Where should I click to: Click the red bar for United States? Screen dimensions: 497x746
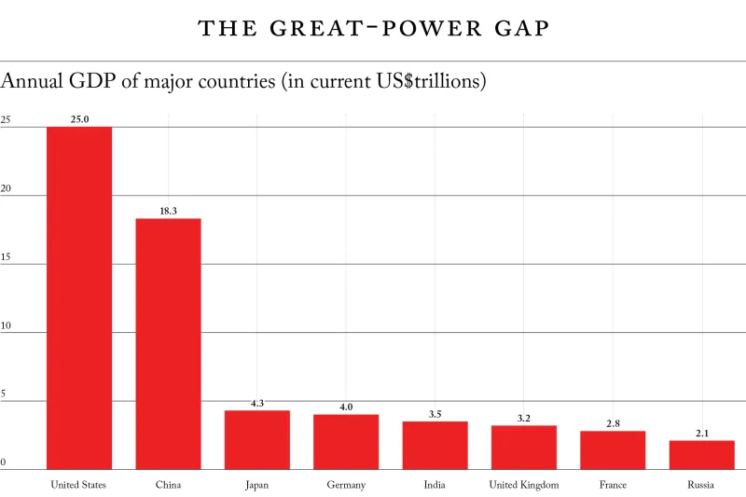pos(79,298)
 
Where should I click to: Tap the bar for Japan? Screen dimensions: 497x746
pos(257,439)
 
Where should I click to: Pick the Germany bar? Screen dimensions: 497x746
pos(346,441)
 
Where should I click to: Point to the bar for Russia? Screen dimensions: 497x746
pos(702,454)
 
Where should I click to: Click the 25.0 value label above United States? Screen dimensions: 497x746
pos(79,119)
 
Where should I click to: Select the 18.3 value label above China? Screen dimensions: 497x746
pos(168,211)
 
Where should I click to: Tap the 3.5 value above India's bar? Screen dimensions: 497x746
pos(435,414)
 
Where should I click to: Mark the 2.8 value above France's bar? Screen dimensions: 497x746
pos(613,423)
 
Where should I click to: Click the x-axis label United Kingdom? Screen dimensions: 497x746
pos(524,485)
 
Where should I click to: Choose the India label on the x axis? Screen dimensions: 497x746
pos(435,485)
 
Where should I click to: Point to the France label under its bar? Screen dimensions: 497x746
pos(613,485)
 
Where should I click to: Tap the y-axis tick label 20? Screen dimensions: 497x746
pos(6,188)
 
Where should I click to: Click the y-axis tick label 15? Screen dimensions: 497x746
pos(6,256)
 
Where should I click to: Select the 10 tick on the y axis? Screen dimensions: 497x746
pos(6,325)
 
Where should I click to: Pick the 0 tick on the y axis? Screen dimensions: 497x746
pos(4,462)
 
